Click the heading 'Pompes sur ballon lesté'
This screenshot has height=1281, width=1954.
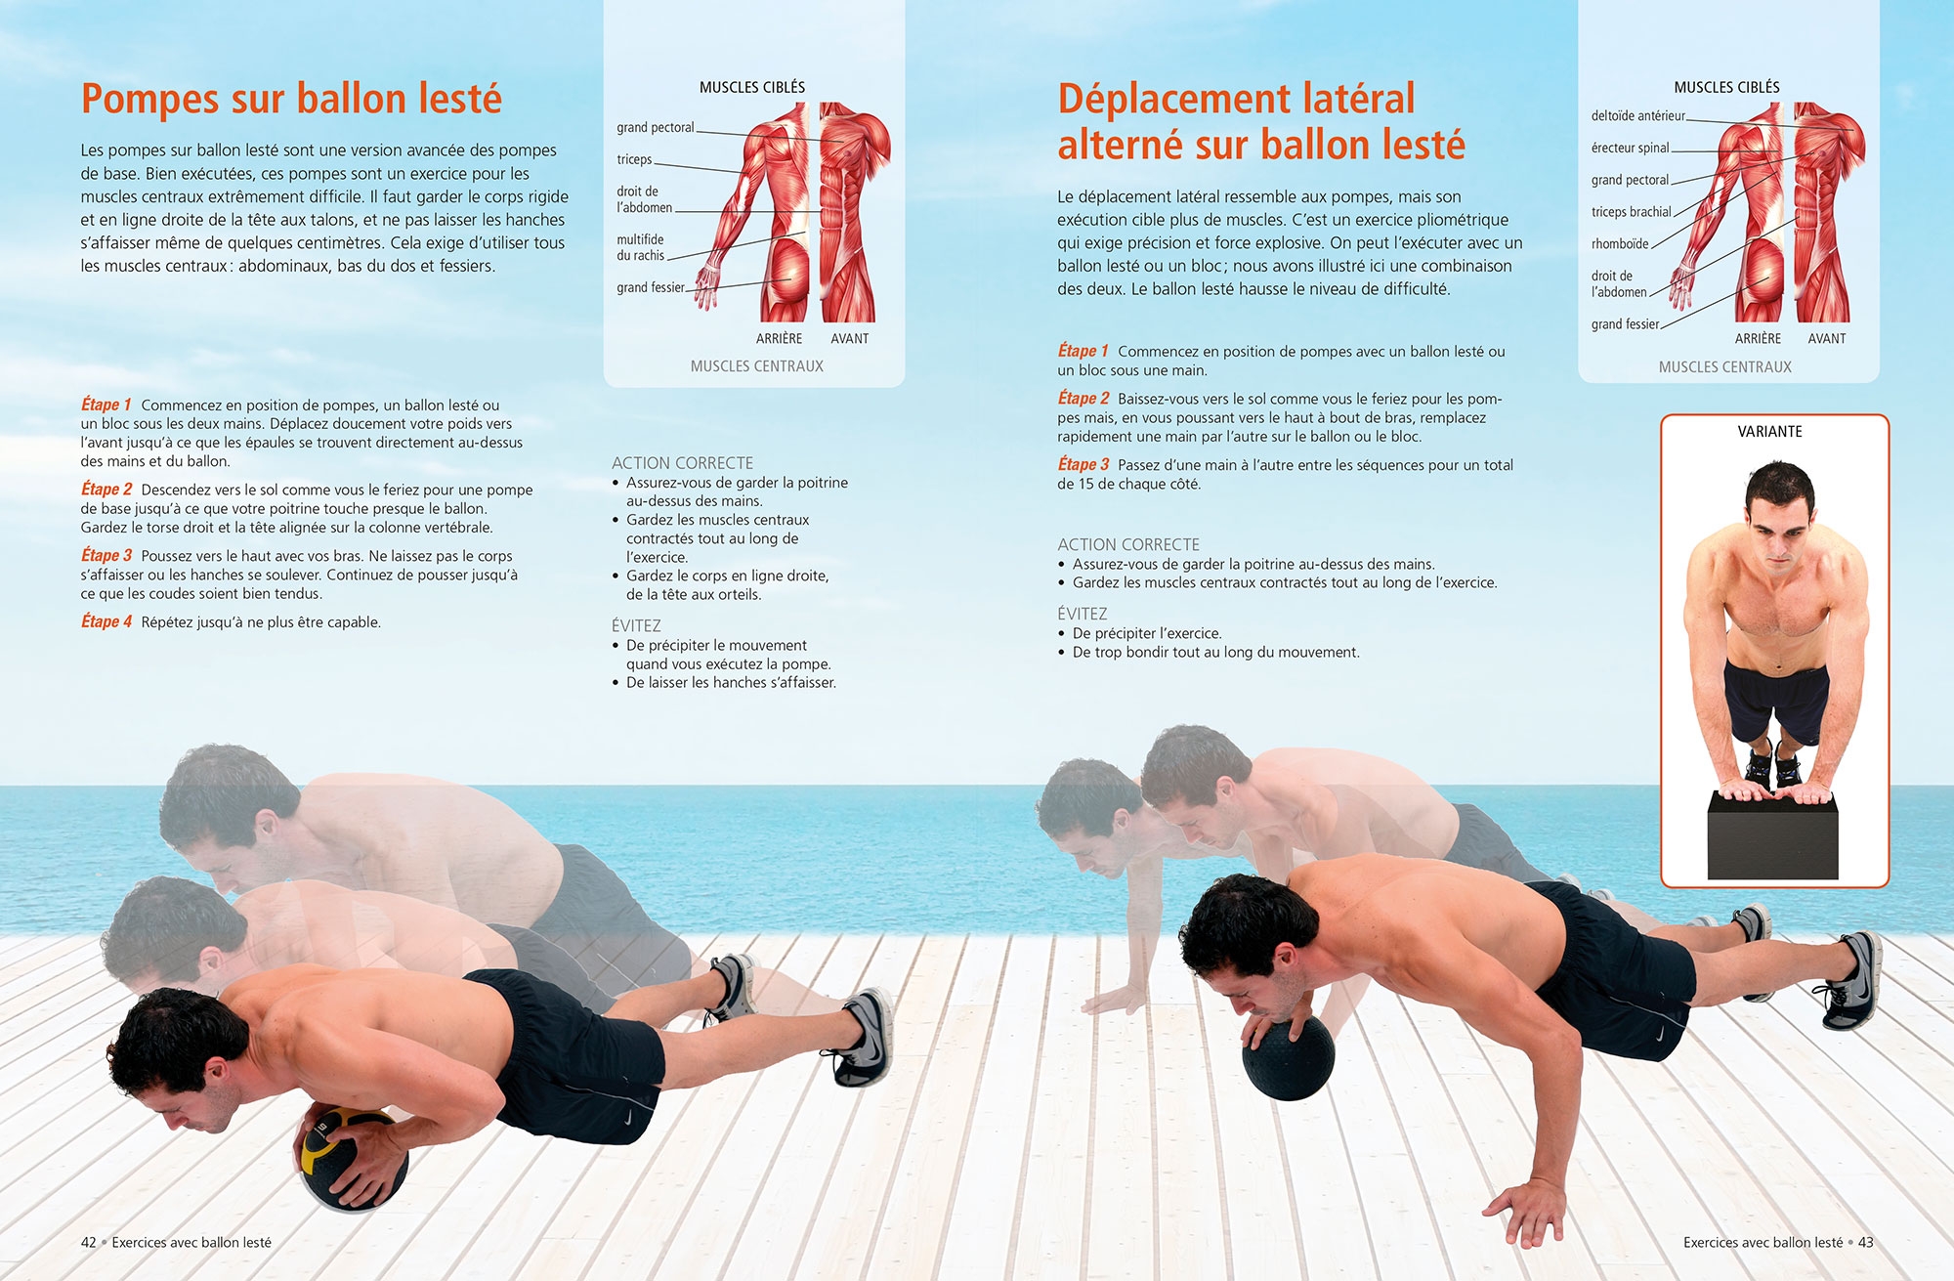(291, 99)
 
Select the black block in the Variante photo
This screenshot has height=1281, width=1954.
(1772, 836)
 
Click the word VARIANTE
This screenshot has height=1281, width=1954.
(1769, 431)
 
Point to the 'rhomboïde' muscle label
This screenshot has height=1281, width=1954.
(1619, 244)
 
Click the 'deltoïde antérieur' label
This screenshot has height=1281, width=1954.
(1637, 116)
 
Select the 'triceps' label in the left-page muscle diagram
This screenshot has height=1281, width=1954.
(634, 159)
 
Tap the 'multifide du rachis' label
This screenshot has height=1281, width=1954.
(640, 247)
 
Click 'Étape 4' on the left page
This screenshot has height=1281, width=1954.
(106, 621)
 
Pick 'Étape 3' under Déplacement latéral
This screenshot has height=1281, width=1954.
(1083, 465)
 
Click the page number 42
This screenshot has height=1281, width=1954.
(89, 1242)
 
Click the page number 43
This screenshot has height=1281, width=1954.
(1865, 1242)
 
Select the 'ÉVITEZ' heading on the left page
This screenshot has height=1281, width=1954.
(636, 625)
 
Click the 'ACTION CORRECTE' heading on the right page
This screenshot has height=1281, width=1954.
(1127, 544)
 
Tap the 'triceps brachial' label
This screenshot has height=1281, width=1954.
(1631, 212)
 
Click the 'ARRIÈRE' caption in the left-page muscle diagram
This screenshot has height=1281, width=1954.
(779, 338)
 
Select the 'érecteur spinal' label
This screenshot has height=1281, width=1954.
(1630, 149)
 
